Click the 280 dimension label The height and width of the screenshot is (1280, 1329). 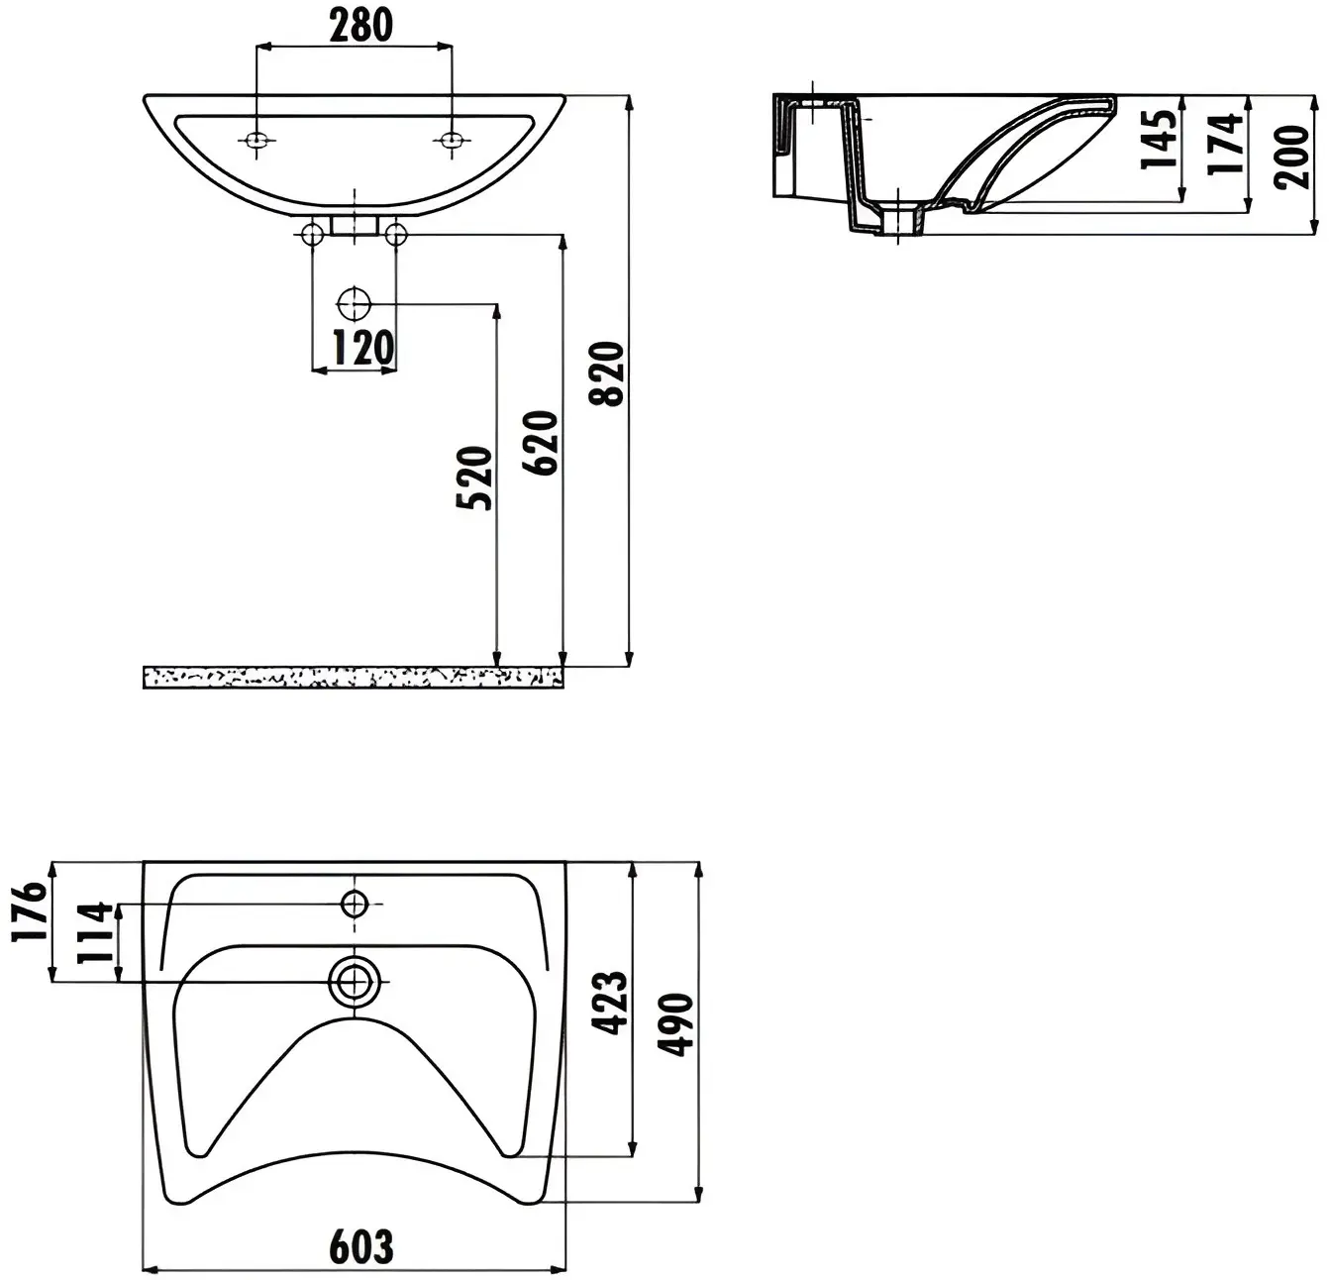pos(361,26)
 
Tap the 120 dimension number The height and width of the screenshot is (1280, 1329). pos(363,348)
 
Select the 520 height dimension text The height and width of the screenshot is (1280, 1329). pos(474,478)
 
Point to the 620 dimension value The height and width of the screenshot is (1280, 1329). pos(541,443)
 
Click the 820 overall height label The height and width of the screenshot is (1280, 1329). pos(606,374)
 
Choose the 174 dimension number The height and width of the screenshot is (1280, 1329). pos(1226,145)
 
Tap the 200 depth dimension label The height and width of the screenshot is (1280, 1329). pos(1291,157)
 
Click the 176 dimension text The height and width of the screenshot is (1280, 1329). pos(30,911)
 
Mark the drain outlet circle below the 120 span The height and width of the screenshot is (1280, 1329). pos(354,304)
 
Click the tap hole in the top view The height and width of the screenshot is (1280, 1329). pos(355,905)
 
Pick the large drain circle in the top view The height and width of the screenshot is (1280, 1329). pos(355,981)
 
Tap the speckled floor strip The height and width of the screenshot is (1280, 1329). pos(354,678)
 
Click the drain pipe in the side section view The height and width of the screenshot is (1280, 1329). pos(898,220)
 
